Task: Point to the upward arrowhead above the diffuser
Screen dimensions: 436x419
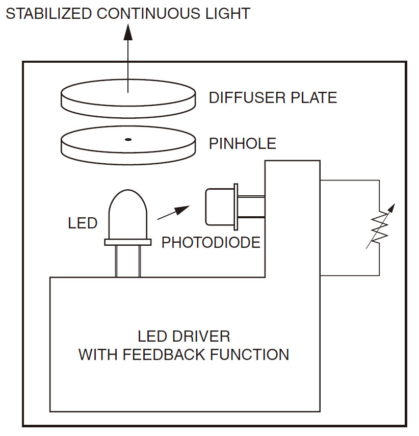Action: [127, 33]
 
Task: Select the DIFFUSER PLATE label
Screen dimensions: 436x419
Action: [273, 97]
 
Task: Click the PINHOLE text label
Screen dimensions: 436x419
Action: [243, 144]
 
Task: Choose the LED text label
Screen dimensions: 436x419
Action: [82, 223]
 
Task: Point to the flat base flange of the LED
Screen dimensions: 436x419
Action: [127, 242]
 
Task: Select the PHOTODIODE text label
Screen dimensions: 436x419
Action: [211, 242]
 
